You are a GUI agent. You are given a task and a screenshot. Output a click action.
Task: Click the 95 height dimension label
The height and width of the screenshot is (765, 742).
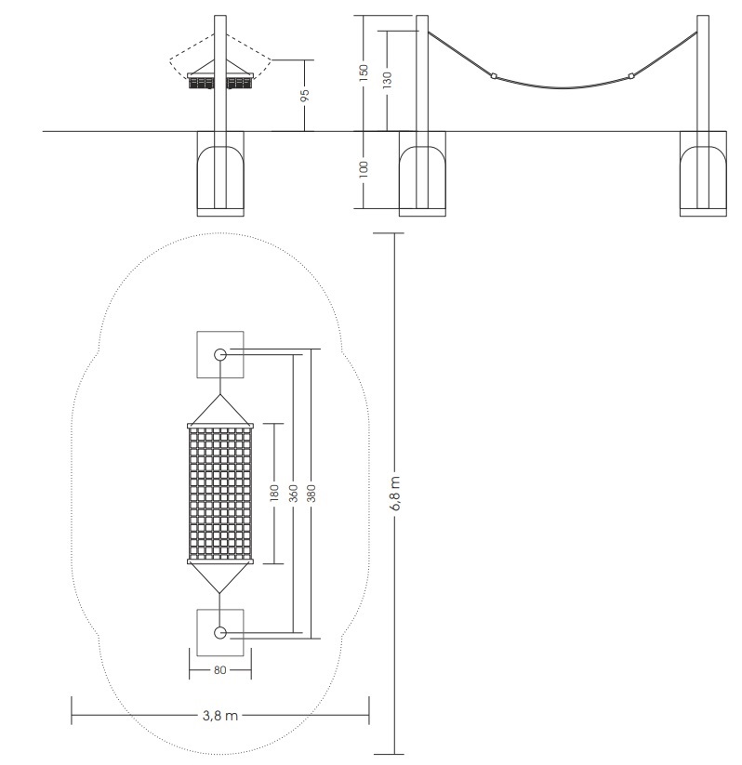(305, 95)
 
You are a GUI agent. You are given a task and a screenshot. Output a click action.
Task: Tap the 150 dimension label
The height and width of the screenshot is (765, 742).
(364, 73)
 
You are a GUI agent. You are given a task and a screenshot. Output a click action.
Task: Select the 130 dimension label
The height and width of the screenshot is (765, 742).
(387, 80)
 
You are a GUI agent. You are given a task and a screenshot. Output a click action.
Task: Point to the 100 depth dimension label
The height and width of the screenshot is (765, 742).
(364, 169)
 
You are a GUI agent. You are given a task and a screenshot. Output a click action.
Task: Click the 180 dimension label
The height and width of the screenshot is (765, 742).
(274, 494)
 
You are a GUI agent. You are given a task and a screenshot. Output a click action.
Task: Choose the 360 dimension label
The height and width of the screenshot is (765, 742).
(294, 494)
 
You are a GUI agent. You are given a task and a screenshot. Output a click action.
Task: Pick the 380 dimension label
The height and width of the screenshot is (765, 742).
(311, 494)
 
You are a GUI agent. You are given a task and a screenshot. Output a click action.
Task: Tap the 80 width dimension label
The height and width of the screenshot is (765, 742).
(220, 670)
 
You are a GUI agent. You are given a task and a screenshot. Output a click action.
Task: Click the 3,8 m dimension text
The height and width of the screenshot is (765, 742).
(220, 715)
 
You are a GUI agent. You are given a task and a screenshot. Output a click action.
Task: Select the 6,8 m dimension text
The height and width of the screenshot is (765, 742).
(395, 494)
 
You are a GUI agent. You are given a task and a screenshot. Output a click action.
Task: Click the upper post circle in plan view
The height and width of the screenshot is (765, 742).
(220, 355)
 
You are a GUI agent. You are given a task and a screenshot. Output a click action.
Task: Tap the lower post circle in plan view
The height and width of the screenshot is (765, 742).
(220, 633)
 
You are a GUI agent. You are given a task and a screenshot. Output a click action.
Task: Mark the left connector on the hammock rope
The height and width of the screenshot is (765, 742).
(494, 75)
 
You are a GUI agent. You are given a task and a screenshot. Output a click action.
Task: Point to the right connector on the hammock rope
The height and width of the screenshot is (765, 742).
(631, 75)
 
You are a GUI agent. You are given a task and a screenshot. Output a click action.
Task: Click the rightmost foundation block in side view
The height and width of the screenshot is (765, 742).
(703, 174)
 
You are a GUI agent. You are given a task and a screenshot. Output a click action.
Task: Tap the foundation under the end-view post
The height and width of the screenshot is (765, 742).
(220, 174)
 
